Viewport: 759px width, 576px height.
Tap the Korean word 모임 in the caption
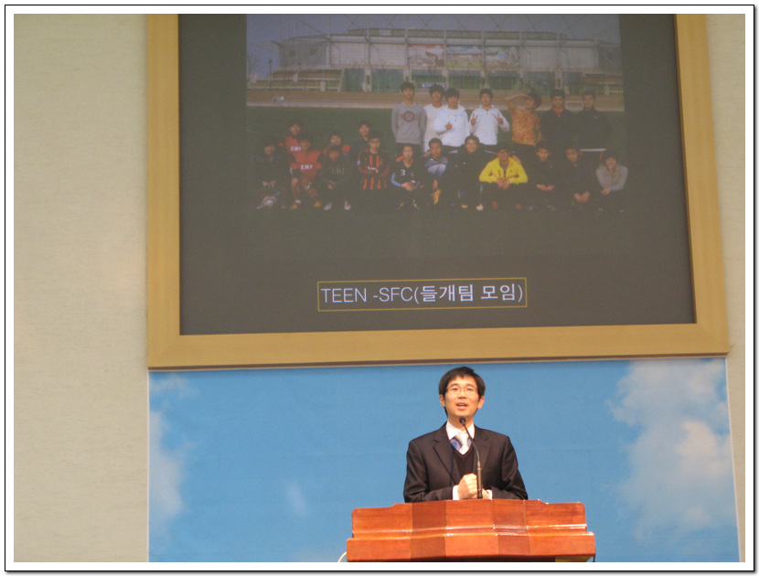click(501, 293)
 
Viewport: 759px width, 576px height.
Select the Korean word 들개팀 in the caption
click(446, 293)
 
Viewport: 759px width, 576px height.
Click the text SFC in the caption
click(395, 295)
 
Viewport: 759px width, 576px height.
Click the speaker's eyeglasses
click(461, 390)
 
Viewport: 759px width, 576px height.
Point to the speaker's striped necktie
click(461, 443)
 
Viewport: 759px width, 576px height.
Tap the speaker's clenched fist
click(468, 486)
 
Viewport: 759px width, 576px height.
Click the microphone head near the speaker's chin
click(463, 421)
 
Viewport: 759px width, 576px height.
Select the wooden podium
click(471, 531)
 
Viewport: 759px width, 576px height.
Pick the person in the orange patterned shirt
click(525, 120)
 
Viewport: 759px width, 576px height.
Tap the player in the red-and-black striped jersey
click(373, 170)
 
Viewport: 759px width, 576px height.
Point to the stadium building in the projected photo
click(435, 60)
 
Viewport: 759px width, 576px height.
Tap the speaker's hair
click(461, 378)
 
